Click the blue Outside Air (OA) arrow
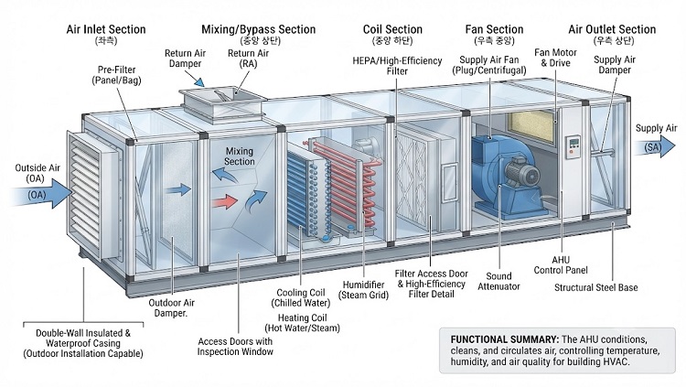pos(41,193)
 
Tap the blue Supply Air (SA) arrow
pos(656,146)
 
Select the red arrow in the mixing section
pos(224,202)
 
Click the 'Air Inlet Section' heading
pos(106,29)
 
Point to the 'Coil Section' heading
pos(392,29)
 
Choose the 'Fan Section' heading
pos(494,29)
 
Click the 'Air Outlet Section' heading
pos(612,29)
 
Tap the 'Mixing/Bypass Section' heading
pos(258,29)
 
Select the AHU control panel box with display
pos(573,146)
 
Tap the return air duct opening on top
pos(222,103)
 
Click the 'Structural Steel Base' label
pos(595,287)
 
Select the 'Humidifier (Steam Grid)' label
pos(365,290)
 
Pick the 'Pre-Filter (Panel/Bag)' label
pos(116,75)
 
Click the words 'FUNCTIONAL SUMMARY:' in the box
pos(504,339)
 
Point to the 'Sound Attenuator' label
pos(498,281)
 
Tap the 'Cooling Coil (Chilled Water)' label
pos(301,297)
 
